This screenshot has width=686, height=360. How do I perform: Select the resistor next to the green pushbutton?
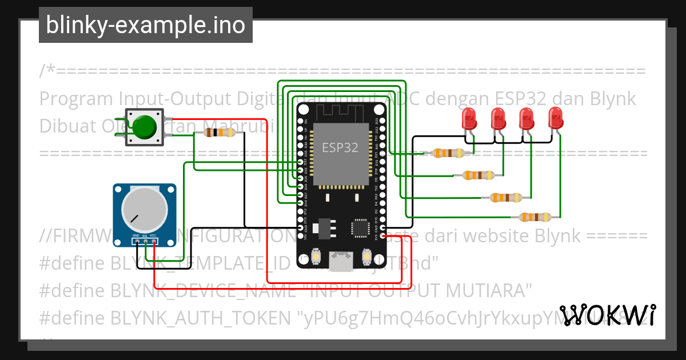(220, 133)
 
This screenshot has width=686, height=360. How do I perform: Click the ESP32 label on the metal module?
(340, 147)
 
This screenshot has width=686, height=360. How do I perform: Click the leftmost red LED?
(469, 119)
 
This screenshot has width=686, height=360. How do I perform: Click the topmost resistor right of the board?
(448, 153)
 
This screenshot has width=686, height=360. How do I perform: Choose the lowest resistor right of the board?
(535, 217)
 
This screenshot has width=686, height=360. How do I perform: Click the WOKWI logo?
(607, 315)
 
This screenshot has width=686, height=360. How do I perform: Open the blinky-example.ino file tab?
(145, 25)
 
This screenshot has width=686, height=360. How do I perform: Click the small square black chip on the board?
(361, 227)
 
